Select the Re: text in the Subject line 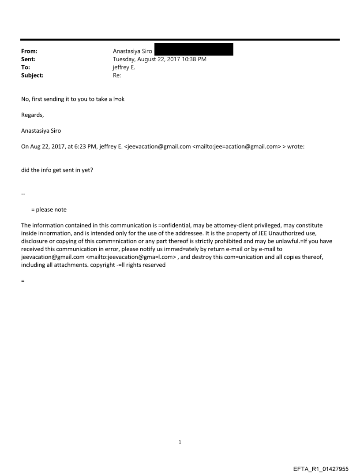pos(117,75)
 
